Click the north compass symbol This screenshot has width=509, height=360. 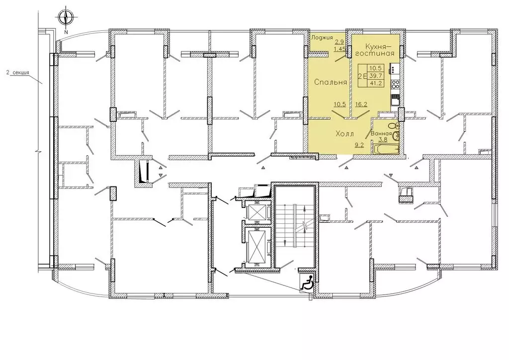[x=66, y=18]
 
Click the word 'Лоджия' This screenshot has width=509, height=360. [x=322, y=37]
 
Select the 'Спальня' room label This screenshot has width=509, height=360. [x=331, y=82]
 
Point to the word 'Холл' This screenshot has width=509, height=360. [x=345, y=133]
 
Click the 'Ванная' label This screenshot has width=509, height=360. [x=381, y=133]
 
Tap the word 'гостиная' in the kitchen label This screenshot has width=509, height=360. [x=375, y=53]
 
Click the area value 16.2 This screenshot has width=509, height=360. [x=361, y=104]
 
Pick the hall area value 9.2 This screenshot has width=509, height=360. [x=359, y=145]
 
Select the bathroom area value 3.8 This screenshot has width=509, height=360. [x=383, y=140]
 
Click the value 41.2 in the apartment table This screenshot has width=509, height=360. [x=377, y=83]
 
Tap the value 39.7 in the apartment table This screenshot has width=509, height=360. [x=377, y=76]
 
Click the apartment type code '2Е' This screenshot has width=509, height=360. [x=362, y=76]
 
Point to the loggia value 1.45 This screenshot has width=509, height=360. [x=339, y=49]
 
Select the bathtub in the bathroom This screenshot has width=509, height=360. [x=387, y=150]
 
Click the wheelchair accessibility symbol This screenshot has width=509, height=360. [x=307, y=282]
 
